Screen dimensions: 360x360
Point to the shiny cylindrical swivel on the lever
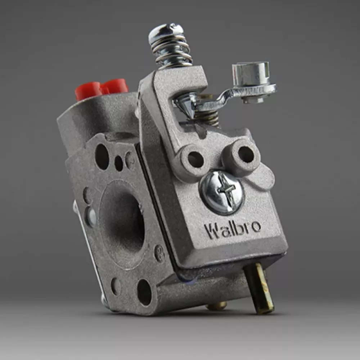coord(251,74)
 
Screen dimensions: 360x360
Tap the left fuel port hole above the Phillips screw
coord(195,159)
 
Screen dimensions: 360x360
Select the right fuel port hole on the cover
coord(246,154)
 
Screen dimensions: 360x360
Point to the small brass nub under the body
coord(216,306)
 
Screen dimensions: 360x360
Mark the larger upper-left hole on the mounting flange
coord(102,156)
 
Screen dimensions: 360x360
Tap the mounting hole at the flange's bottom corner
coord(144,292)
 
